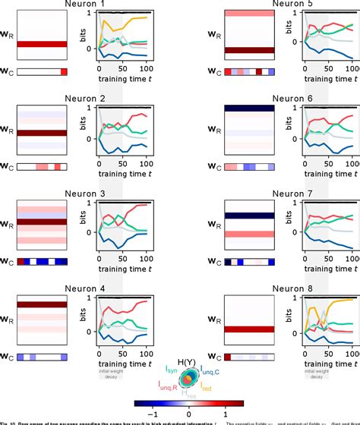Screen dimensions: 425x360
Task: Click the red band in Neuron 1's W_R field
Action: click(43, 44)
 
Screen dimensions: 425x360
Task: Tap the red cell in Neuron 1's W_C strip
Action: click(63, 71)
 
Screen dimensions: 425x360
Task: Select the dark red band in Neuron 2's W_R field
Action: click(43, 134)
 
